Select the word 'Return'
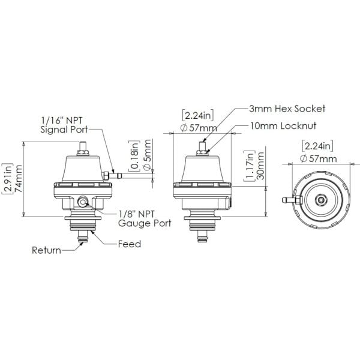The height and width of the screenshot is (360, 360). coord(46,250)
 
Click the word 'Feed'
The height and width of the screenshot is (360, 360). coord(129,244)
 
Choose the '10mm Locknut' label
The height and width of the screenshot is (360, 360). coord(283,126)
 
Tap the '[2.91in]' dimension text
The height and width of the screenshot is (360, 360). coord(7,178)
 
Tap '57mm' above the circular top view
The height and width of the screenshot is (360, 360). coord(322,158)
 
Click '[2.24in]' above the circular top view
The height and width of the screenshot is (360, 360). coord(317,145)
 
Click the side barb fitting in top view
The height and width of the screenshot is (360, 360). coord(288,198)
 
